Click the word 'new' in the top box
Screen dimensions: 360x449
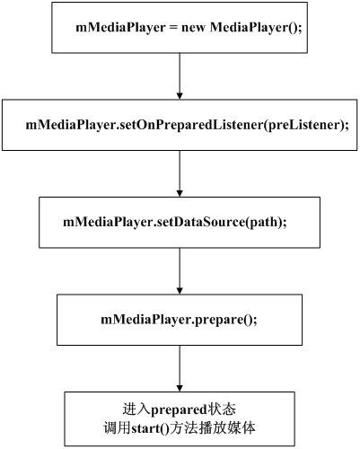[193, 28]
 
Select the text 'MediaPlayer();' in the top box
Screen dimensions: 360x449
[256, 28]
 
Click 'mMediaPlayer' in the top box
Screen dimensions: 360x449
[120, 28]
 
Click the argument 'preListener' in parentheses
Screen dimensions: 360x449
[304, 125]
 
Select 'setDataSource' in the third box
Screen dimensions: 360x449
[200, 222]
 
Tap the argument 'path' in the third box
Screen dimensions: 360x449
[264, 222]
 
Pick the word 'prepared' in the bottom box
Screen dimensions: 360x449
[179, 409]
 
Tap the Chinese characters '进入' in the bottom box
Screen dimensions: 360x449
[136, 409]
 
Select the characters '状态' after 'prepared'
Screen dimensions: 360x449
[222, 409]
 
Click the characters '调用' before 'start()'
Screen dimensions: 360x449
[118, 428]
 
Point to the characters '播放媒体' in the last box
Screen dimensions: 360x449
[227, 428]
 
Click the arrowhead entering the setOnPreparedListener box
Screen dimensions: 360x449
[180, 96]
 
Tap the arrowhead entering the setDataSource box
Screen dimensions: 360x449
[180, 193]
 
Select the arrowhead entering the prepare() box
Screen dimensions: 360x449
[180, 291]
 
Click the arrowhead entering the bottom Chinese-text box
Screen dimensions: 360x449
[180, 388]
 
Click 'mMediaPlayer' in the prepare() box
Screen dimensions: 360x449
[145, 320]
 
